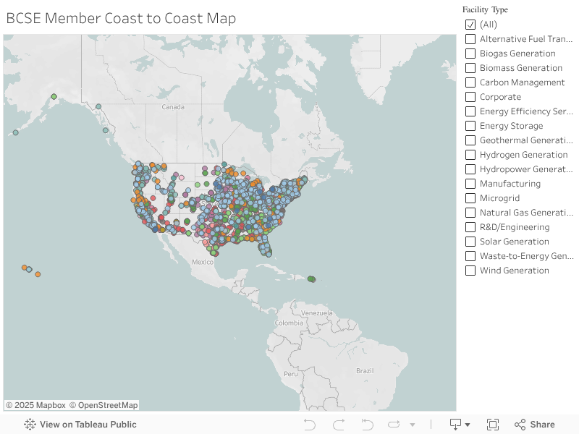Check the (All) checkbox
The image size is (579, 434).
470,25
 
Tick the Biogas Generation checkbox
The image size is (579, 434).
470,54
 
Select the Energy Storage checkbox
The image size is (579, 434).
470,126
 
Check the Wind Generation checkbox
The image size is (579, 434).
470,271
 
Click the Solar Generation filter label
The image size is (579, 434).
514,242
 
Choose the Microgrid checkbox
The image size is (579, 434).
470,198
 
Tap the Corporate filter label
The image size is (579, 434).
500,97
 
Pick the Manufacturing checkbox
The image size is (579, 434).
470,184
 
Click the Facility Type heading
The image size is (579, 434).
485,10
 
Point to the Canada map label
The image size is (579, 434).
173,107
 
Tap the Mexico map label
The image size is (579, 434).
203,262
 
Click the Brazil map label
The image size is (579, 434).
365,370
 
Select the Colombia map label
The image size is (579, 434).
289,323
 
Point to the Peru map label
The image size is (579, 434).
290,374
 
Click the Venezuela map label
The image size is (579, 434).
316,312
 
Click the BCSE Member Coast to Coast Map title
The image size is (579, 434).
121,18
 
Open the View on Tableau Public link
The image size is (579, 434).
88,425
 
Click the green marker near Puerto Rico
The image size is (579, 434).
311,278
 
